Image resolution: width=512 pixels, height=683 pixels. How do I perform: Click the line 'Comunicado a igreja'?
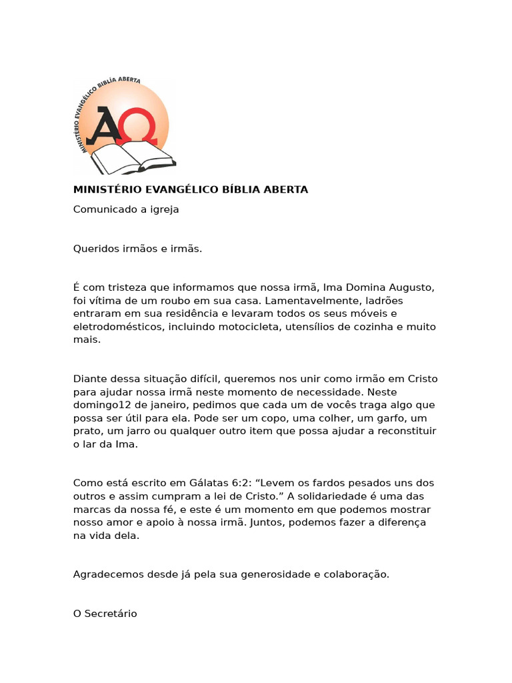[x=126, y=209]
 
